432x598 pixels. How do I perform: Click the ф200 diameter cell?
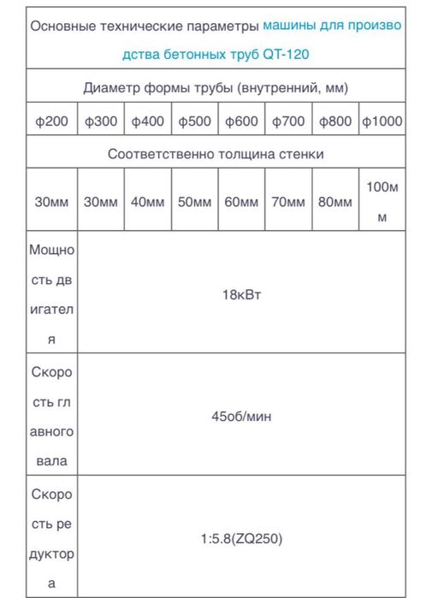click(51, 121)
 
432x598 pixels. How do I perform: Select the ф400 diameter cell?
click(148, 121)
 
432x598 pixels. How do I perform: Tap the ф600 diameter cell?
click(241, 121)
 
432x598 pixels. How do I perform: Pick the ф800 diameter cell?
click(335, 121)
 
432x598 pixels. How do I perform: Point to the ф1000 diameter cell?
click(382, 121)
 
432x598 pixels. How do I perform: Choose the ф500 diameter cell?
click(194, 121)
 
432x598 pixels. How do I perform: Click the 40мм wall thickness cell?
click(148, 202)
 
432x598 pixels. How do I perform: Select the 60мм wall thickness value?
click(241, 202)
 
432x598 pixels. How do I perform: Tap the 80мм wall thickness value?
click(335, 202)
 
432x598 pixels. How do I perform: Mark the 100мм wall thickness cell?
click(382, 202)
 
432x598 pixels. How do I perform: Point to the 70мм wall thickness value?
click(288, 202)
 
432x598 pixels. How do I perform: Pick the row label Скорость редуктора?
click(51, 540)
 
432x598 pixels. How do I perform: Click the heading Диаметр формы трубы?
click(216, 87)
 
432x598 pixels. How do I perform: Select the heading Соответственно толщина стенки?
click(216, 154)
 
